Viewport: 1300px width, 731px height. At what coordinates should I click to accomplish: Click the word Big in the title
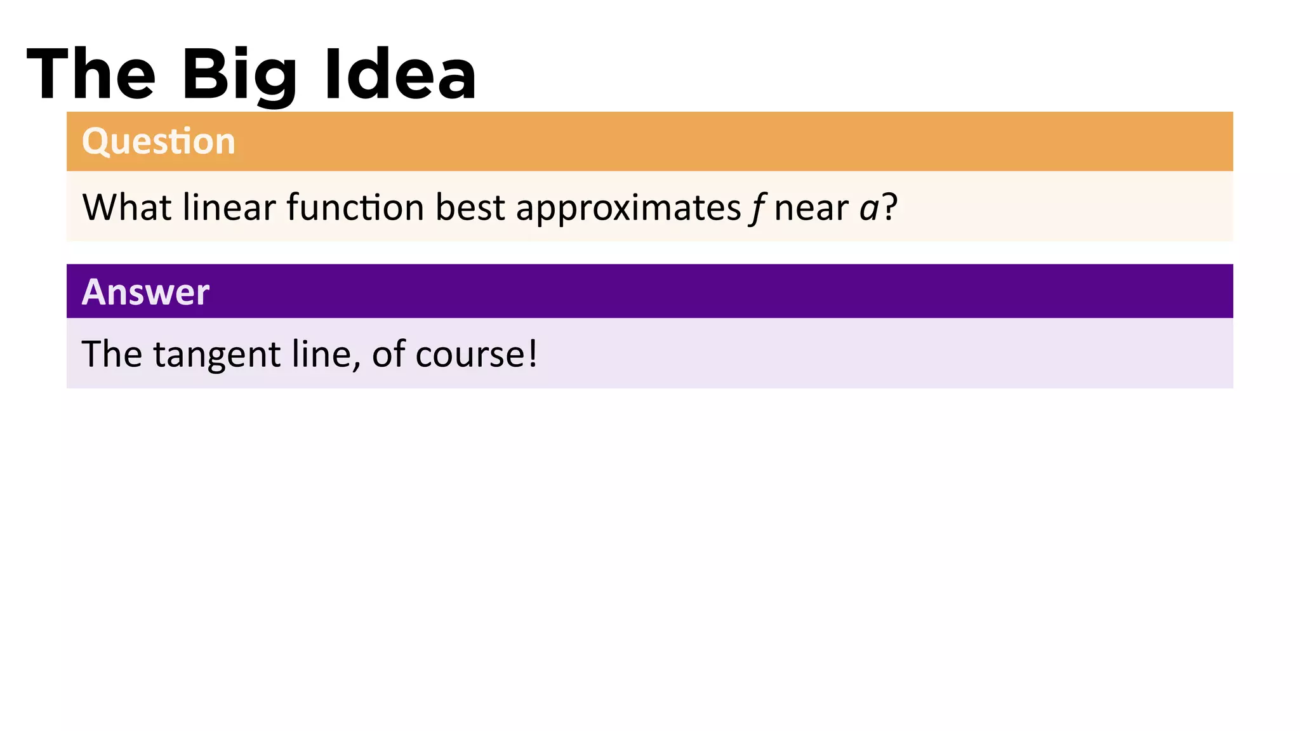click(239, 75)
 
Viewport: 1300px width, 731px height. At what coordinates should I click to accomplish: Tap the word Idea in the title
click(400, 75)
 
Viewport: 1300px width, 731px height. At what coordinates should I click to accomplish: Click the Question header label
click(159, 141)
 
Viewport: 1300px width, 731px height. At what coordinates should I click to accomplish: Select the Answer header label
click(145, 292)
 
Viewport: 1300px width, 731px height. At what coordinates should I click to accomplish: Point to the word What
click(127, 207)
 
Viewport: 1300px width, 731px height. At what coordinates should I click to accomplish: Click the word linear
click(229, 207)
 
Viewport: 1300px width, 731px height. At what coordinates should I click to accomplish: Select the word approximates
click(628, 208)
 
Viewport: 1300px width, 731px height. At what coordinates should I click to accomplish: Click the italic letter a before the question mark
click(869, 208)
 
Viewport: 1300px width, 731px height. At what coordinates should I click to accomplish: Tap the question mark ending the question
click(890, 207)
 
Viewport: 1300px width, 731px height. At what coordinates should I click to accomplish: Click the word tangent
click(216, 354)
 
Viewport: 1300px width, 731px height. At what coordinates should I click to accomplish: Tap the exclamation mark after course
click(532, 353)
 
